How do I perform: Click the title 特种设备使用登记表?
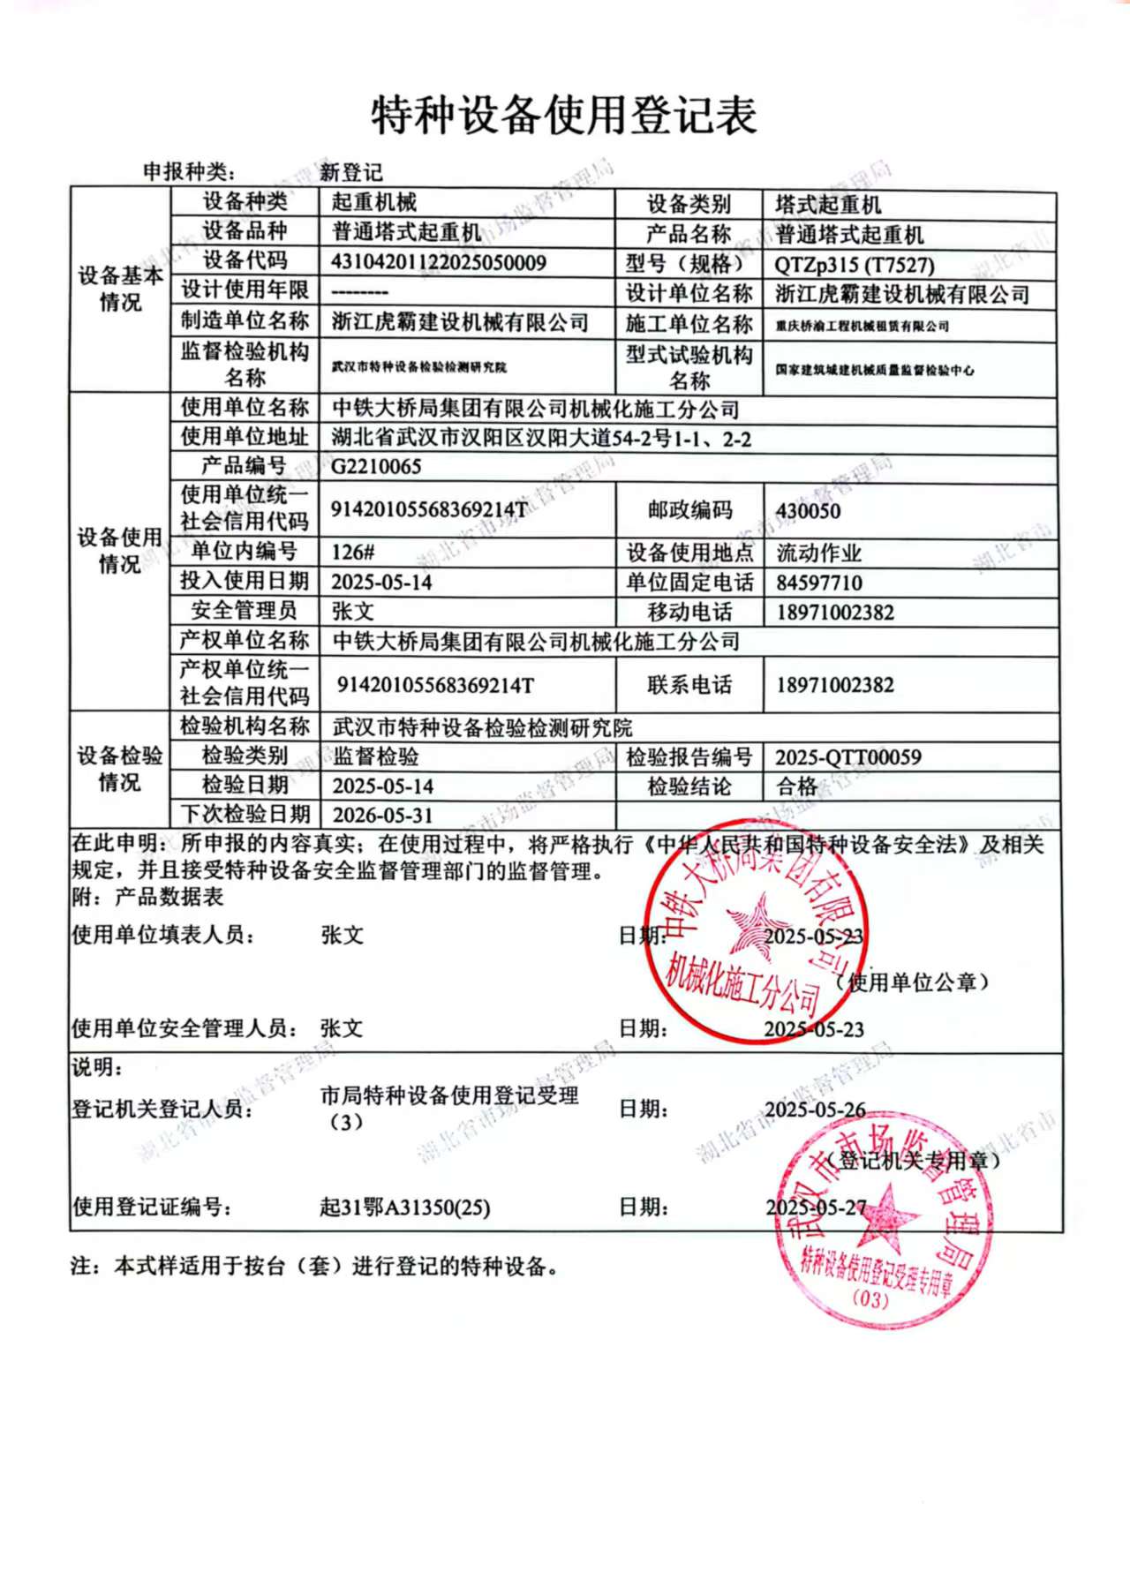[564, 117]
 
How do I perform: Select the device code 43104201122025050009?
[438, 262]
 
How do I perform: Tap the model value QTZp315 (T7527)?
[854, 264]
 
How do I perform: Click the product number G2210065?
[376, 466]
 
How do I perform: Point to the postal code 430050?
[808, 511]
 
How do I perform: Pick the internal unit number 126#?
[352, 553]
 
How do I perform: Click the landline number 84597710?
[818, 583]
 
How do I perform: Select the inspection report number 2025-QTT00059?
[847, 757]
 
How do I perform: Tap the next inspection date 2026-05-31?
[382, 815]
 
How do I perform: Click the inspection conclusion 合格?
[796, 786]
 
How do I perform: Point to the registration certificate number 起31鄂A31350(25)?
[404, 1207]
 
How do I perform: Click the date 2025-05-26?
[814, 1110]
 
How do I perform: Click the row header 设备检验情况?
[119, 769]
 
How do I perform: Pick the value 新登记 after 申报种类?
[350, 172]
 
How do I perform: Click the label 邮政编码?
[689, 510]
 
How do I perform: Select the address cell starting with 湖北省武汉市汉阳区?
[540, 438]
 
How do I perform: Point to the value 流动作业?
[818, 553]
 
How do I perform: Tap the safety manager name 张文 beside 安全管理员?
[352, 611]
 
